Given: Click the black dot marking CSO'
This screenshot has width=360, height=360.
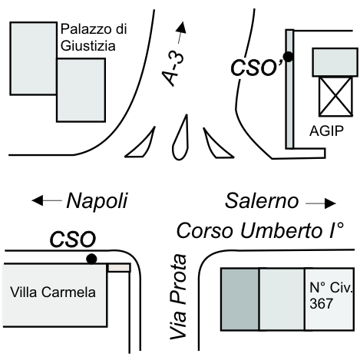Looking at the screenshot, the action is pos(289,57).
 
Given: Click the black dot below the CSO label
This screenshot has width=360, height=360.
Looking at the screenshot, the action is pos(91,259).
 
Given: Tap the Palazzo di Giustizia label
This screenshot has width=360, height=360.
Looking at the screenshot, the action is pos(94,38).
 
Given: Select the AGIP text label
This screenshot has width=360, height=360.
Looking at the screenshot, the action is pos(326,131).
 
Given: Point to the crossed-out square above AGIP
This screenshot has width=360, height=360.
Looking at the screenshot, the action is pos(335,96).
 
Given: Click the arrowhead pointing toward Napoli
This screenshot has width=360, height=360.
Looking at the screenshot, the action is pos(38,200).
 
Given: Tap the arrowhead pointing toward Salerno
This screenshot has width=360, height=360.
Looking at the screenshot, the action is pos(330,203).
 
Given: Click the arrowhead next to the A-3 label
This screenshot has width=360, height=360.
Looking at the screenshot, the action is pos(182,28).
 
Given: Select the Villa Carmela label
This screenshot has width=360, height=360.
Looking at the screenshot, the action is pos(53,292).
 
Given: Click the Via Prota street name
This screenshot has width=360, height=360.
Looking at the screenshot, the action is pos(178,297).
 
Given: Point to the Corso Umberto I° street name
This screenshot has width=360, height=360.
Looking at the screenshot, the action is pos(260,231).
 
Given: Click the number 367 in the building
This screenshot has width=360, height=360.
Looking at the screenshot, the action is pos(321,304).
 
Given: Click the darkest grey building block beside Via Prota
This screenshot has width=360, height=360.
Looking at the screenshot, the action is pos(240,299).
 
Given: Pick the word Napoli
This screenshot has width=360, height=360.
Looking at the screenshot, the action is pos(97,201).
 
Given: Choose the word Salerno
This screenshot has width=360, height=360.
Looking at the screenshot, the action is pos(262,201).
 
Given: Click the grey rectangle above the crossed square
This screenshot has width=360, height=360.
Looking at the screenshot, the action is pos(335,62).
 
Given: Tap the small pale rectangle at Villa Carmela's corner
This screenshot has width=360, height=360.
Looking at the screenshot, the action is pos(119,268).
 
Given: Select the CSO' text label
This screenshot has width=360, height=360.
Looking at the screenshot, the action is pos(257,68).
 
